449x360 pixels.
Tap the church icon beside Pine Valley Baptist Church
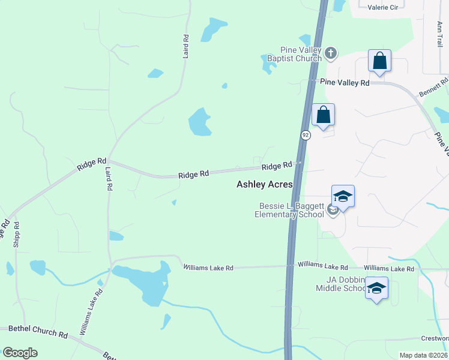[330, 55]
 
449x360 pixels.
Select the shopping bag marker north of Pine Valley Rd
[379, 61]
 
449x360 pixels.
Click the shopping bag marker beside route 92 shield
[323, 115]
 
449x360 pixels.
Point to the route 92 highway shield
[306, 135]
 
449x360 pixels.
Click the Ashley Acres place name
[264, 185]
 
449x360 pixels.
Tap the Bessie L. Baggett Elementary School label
[289, 210]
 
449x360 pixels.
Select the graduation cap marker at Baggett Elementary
[343, 197]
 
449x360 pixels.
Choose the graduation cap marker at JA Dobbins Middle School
[376, 289]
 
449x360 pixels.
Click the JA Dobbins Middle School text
[341, 284]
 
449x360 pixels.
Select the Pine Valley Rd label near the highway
[345, 83]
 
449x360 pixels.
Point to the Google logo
[20, 353]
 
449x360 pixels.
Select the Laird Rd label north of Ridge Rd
[186, 46]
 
